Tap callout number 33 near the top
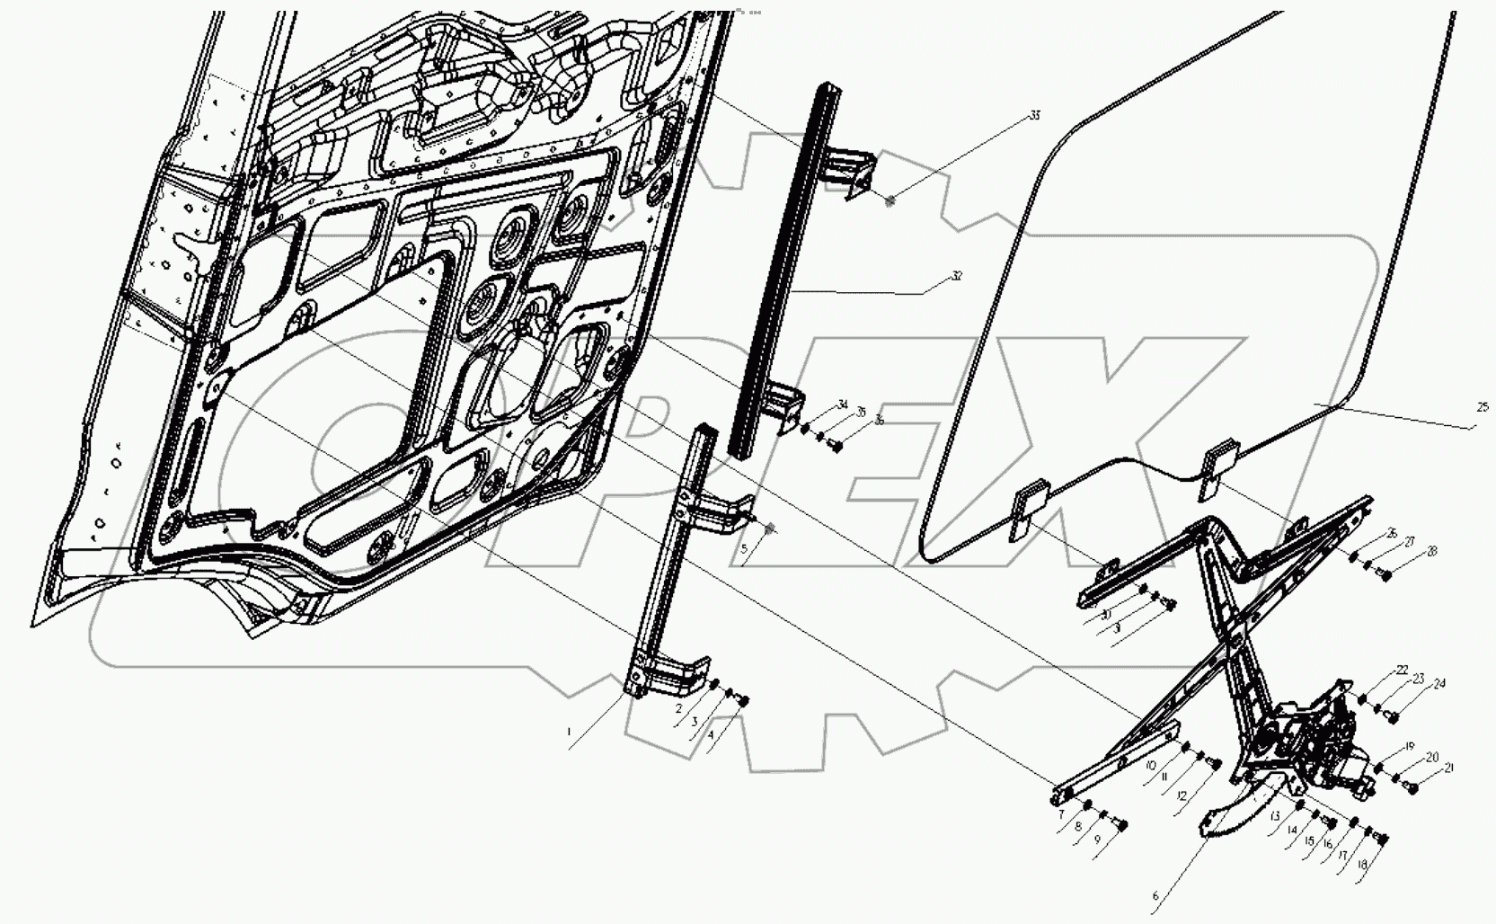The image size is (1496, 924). (x=1035, y=116)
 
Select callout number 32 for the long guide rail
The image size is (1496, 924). (x=957, y=277)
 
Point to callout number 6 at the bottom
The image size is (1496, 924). (x=1156, y=896)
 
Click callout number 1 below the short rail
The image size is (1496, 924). (x=569, y=733)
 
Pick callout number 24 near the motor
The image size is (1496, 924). (x=1439, y=684)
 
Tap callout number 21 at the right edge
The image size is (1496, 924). (x=1448, y=769)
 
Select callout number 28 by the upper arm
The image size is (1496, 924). (x=1431, y=552)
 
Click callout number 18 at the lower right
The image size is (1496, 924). (x=1362, y=865)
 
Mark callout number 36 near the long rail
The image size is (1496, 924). (x=878, y=420)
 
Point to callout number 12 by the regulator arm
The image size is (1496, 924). (x=1182, y=796)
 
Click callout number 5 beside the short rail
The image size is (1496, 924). (x=744, y=547)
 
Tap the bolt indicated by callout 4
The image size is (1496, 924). (x=743, y=702)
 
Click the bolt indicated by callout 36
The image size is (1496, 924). (x=837, y=445)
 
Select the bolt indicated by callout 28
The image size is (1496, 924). (x=1385, y=574)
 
